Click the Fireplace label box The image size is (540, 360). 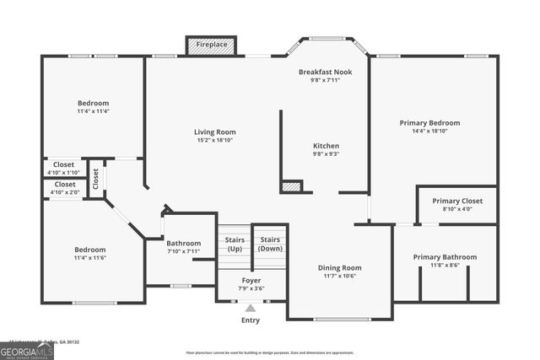[x=212, y=45]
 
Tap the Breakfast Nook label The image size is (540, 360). [x=326, y=73]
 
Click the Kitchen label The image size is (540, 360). [x=326, y=145]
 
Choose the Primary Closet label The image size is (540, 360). [x=457, y=201]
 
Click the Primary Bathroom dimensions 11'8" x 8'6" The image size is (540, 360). [x=445, y=266]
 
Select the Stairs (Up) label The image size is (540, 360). [x=235, y=244]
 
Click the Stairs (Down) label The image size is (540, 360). [x=270, y=244]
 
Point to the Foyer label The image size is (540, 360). [x=251, y=280]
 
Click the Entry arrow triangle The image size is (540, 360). [x=251, y=309]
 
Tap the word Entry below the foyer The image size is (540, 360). [x=251, y=320]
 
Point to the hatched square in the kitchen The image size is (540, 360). [x=291, y=186]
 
